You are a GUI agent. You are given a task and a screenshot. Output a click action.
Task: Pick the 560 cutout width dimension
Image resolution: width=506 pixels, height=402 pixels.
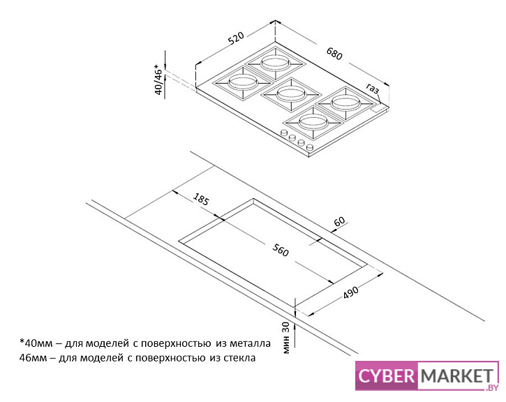[x=281, y=251]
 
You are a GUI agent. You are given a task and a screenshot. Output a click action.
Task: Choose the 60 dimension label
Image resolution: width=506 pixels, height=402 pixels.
[x=340, y=222]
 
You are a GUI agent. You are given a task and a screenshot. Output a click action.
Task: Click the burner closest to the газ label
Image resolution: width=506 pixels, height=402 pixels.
[x=345, y=103]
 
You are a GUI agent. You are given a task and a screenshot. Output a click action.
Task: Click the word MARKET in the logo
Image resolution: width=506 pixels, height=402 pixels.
[x=455, y=377]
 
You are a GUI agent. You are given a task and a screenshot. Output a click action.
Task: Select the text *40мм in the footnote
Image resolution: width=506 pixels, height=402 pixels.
[x=35, y=343]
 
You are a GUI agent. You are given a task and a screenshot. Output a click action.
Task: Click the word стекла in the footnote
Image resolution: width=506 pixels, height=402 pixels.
[x=239, y=358]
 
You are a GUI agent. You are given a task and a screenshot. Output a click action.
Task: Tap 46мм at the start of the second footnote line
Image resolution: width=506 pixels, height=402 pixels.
[x=33, y=358]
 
